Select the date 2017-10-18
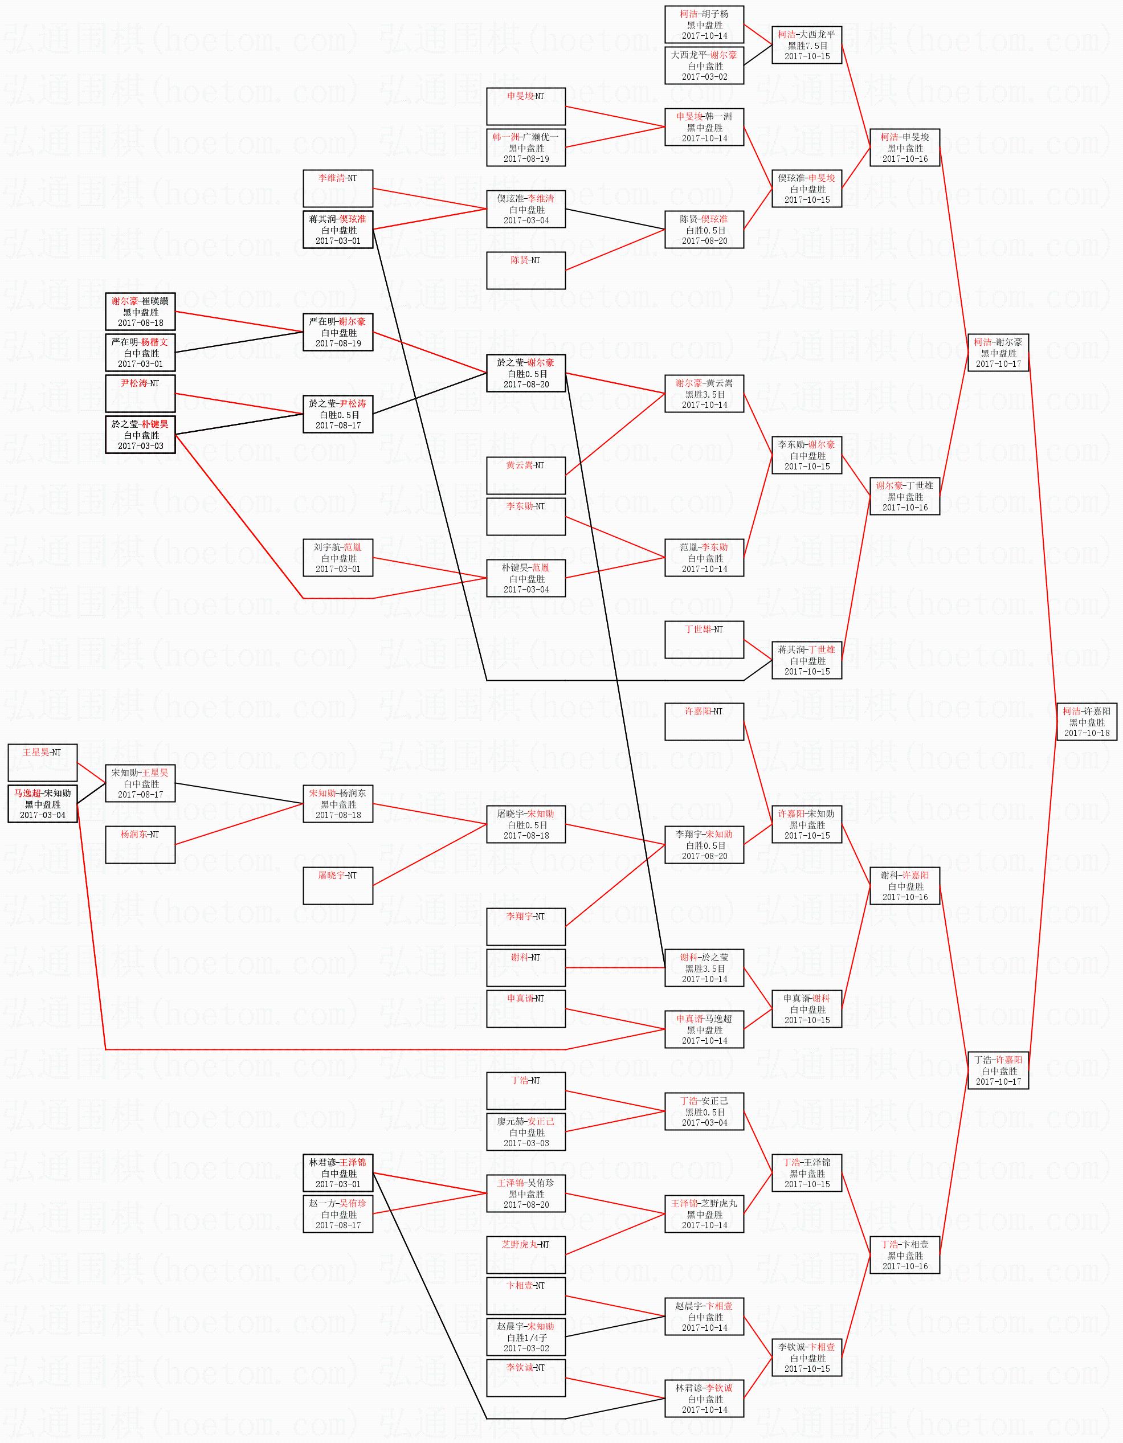point(1086,733)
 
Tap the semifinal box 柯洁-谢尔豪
point(998,353)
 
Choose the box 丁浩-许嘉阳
point(998,1070)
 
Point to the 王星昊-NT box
point(42,762)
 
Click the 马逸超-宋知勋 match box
point(42,803)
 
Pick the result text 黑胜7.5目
point(806,46)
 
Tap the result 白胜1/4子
point(525,1337)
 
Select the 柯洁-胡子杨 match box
point(704,24)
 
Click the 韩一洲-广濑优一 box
point(525,148)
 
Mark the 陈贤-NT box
point(525,270)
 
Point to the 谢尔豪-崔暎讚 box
point(140,312)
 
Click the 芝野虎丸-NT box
point(525,1254)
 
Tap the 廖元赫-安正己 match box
point(525,1132)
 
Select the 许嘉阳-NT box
point(704,721)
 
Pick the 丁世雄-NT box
point(704,640)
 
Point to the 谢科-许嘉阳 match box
point(904,886)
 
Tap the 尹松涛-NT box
point(140,393)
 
